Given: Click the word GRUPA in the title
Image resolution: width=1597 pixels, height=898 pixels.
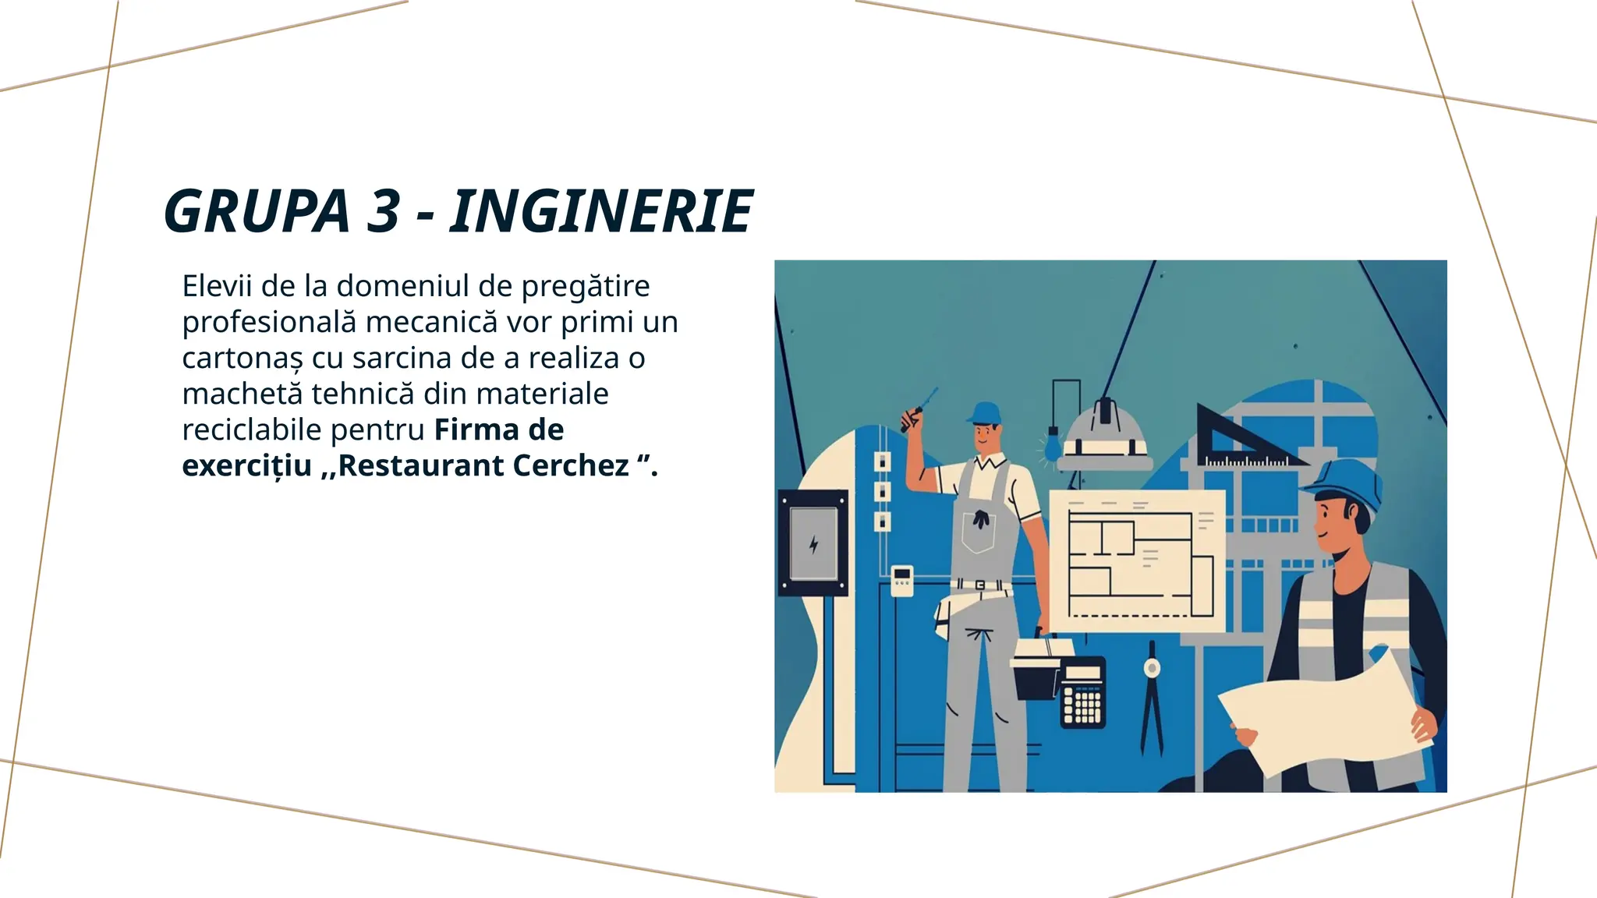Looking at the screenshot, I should point(257,211).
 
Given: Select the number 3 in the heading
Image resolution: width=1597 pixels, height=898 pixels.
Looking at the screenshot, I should point(383,211).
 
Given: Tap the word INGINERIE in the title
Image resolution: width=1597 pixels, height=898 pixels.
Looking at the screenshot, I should point(600,211).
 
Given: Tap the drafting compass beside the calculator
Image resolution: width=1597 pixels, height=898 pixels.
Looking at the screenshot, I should point(1151,694).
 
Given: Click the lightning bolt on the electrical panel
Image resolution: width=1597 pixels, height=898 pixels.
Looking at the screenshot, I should point(813,544).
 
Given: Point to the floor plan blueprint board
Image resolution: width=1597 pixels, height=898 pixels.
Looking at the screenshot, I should point(1138,560).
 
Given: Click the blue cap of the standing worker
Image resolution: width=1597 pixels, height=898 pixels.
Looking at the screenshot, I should point(986,412).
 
